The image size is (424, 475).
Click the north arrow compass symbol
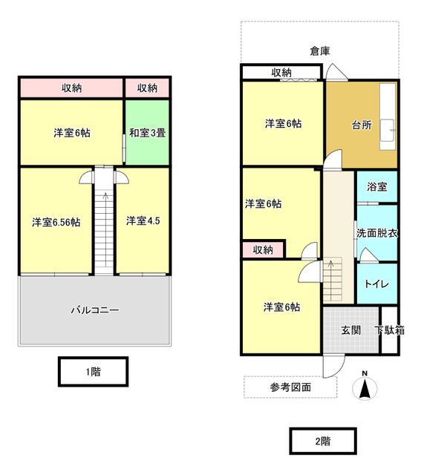(x=365, y=386)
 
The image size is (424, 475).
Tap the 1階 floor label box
(x=93, y=371)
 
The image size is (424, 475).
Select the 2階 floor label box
(x=323, y=441)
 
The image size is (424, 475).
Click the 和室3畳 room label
(x=147, y=133)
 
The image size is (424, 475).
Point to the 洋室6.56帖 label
(x=56, y=222)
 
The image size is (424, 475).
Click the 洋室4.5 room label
(x=143, y=220)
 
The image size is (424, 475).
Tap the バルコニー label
(x=95, y=310)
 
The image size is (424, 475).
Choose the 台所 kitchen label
(x=362, y=125)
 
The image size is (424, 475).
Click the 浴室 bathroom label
(x=377, y=186)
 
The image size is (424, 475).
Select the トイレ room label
(x=376, y=284)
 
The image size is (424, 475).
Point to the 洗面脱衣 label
(x=376, y=233)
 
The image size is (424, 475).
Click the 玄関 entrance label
(x=351, y=330)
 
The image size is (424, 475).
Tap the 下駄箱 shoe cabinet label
(x=389, y=330)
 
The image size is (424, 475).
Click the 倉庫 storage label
(x=320, y=50)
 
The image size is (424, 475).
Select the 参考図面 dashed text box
(x=290, y=387)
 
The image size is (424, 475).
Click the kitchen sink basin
(x=388, y=131)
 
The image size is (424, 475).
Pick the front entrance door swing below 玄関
(x=333, y=366)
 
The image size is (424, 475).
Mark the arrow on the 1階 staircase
(x=105, y=195)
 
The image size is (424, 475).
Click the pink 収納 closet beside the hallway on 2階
(x=263, y=249)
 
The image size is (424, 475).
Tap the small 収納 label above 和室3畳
(x=147, y=88)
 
